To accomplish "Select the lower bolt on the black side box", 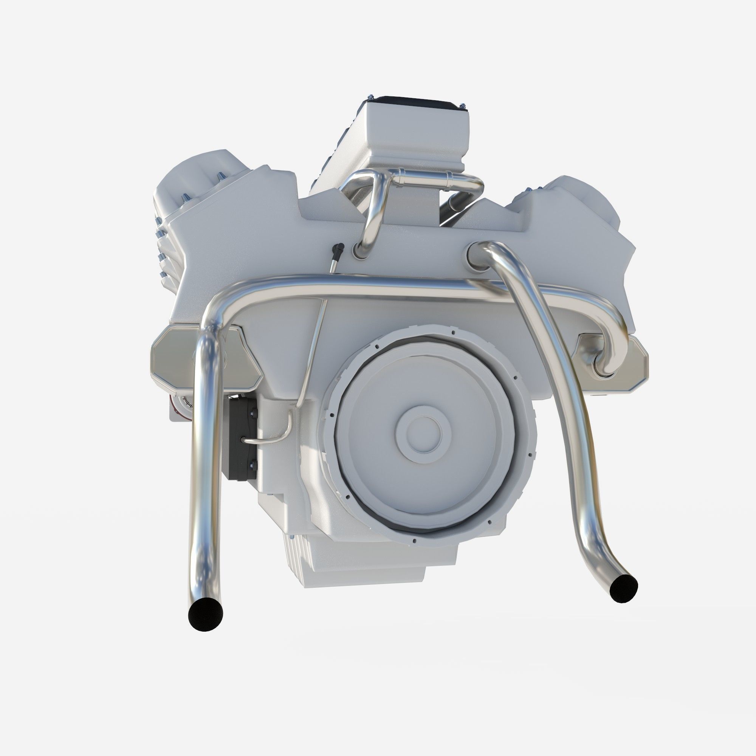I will point(251,466).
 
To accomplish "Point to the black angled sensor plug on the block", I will point(339,249).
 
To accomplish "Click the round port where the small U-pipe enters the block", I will point(358,251).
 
